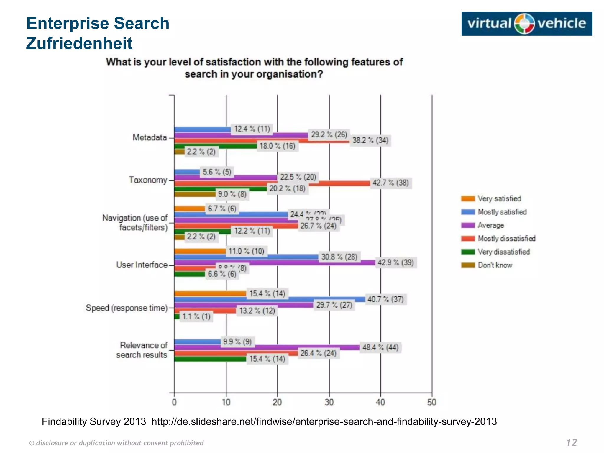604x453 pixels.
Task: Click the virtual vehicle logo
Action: pos(526,24)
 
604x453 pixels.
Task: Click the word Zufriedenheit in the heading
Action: pos(79,43)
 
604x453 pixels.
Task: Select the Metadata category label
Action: pos(150,137)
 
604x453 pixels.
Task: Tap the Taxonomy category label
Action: pos(148,180)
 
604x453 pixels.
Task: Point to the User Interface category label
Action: pos(142,265)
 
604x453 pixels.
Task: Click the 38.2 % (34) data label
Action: pos(370,140)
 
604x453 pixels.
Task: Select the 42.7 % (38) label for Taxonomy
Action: pos(390,183)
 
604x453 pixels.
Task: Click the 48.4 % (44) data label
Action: pos(380,347)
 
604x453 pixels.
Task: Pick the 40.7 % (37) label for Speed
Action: pos(385,299)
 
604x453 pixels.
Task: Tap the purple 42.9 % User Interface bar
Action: pos(274,262)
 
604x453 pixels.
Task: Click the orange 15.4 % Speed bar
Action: pos(210,293)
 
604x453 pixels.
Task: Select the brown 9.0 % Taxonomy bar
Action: pos(195,194)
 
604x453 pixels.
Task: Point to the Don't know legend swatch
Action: pos(468,265)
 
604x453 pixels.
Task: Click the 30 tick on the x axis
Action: pos(329,402)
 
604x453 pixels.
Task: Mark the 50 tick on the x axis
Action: pos(431,402)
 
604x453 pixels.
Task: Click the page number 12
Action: pos(572,442)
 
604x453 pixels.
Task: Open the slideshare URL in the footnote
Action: pos(324,421)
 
